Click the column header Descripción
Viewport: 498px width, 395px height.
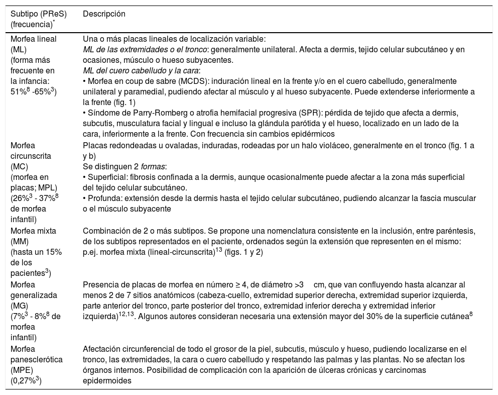pos(104,14)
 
